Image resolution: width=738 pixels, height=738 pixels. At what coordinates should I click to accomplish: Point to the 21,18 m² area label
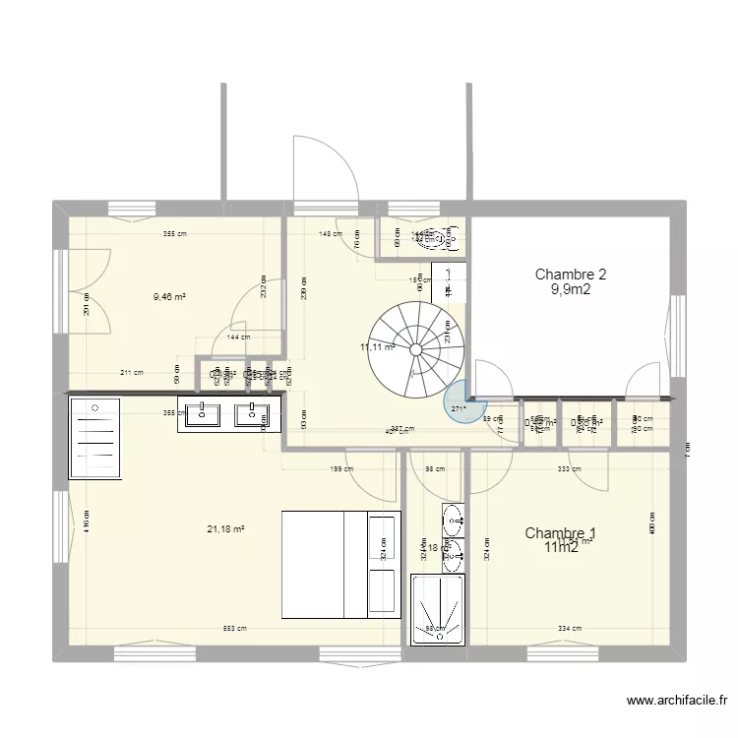coord(226,529)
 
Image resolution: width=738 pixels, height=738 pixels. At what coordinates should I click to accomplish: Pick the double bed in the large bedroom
coord(339,564)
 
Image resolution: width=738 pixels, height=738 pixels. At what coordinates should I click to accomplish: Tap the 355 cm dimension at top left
coord(176,234)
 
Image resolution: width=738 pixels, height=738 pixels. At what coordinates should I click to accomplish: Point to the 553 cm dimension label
coord(233,629)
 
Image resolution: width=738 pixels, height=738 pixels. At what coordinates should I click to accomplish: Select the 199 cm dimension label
coord(341,469)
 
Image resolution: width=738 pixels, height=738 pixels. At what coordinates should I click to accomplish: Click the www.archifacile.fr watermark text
coord(677,702)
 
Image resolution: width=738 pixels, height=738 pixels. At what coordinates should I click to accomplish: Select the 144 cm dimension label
coord(239,338)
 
